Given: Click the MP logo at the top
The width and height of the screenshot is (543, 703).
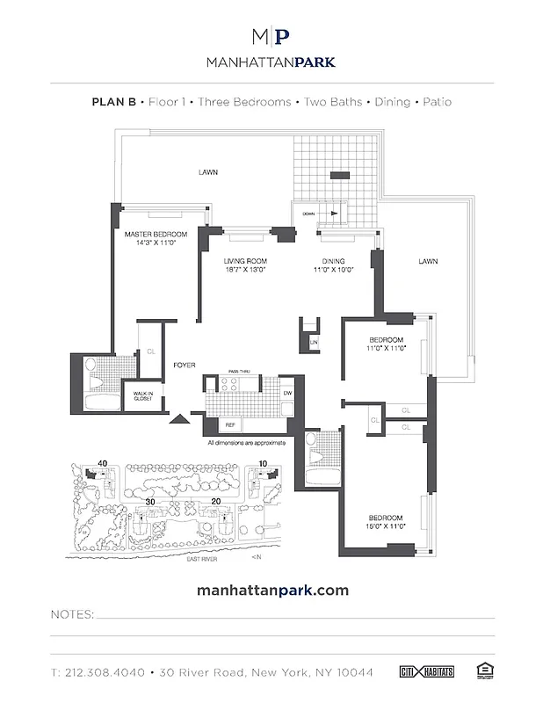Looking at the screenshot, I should [x=271, y=36].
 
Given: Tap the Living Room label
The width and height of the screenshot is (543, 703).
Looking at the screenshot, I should [x=245, y=261].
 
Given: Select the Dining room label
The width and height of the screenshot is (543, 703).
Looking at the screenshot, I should [x=333, y=261].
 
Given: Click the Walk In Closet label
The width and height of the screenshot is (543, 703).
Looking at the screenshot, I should [x=143, y=395].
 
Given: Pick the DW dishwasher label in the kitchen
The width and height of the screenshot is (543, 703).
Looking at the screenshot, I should [x=287, y=393].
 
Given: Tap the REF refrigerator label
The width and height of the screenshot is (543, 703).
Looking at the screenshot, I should [x=231, y=425].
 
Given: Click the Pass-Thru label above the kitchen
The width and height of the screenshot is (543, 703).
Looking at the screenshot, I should [x=240, y=373].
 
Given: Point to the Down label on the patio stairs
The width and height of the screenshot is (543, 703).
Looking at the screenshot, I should [x=308, y=214].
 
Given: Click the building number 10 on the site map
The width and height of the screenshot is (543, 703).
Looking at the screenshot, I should [x=262, y=463].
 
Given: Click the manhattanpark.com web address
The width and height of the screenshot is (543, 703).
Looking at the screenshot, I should [x=271, y=591].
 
